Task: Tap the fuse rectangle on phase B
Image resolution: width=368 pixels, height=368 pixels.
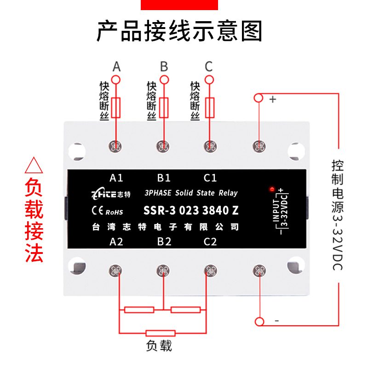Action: [x=163, y=108]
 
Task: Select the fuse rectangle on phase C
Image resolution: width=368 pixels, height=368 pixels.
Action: [x=210, y=108]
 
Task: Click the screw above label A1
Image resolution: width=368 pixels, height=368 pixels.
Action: [x=116, y=146]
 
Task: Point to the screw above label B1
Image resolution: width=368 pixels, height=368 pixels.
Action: [x=163, y=146]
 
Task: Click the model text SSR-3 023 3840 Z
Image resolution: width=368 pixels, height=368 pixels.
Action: [x=191, y=211]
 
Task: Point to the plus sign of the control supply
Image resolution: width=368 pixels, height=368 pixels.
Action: [x=272, y=99]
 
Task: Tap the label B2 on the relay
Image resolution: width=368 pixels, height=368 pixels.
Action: [x=164, y=241]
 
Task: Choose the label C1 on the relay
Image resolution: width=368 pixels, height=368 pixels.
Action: [x=210, y=178]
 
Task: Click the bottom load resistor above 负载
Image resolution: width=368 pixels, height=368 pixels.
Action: [x=160, y=333]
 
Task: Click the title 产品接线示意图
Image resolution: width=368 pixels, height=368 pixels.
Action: [x=180, y=32]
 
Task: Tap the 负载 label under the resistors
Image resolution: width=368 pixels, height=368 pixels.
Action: [x=159, y=345]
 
